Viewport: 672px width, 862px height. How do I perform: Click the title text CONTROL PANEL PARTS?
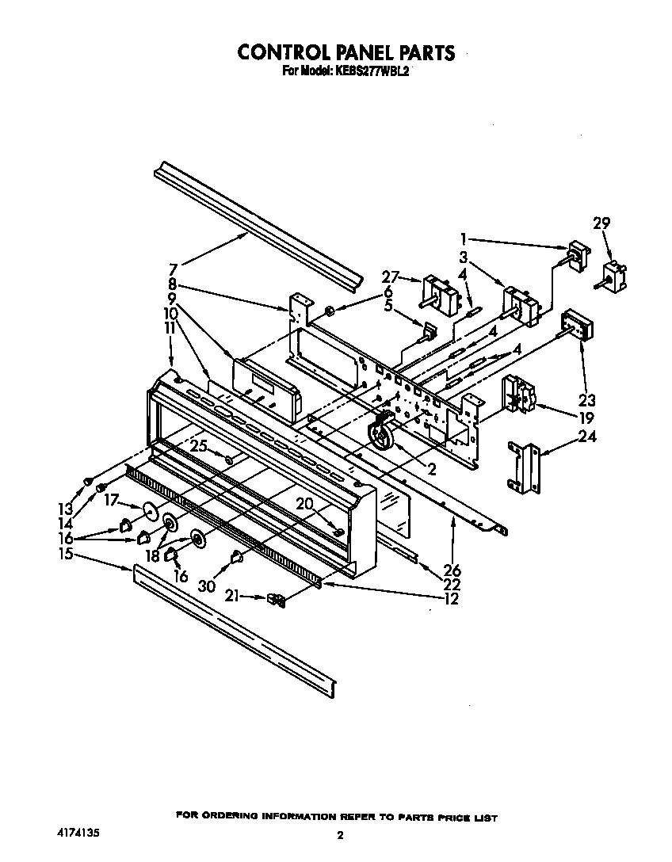click(346, 52)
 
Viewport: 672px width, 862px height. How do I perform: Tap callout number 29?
click(601, 224)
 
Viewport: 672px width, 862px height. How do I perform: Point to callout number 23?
click(586, 400)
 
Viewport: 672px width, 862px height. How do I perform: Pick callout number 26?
click(452, 570)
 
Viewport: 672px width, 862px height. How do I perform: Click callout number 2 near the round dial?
click(431, 470)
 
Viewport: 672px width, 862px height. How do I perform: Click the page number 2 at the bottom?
click(339, 835)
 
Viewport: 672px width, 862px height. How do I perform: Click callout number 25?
click(198, 447)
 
